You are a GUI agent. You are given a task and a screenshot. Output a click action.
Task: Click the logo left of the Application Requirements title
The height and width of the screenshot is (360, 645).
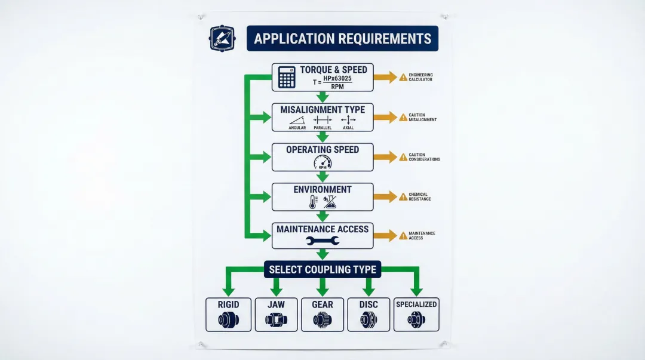point(222,38)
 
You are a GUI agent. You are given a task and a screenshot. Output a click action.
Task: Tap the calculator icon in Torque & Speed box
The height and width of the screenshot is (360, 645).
point(287,78)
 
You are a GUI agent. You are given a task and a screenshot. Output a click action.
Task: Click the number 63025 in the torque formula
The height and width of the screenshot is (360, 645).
point(341,78)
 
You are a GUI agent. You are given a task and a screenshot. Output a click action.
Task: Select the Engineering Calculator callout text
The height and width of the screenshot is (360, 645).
point(420,77)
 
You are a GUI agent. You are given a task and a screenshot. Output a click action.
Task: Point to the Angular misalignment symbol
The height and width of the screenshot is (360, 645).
point(297,120)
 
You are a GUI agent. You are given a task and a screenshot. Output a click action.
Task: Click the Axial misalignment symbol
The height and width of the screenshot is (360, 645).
point(348,120)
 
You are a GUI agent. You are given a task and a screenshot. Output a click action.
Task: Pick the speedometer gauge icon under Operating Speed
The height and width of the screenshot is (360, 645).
point(322,162)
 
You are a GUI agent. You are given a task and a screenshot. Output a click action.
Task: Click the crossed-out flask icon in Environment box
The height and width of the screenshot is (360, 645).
point(330,202)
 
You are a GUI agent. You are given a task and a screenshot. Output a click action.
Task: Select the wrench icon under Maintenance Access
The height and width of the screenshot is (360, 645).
point(322,241)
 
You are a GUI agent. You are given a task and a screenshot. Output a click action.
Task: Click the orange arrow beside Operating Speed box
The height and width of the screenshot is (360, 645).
point(385,157)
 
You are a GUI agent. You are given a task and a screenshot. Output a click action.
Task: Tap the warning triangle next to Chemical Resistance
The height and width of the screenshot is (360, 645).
point(403,196)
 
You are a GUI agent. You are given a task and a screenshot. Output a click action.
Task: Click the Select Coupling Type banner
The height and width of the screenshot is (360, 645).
point(322,269)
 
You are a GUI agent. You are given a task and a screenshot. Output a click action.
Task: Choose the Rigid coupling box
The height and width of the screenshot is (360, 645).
point(228,315)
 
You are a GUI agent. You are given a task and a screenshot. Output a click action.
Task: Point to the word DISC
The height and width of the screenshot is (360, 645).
point(368,304)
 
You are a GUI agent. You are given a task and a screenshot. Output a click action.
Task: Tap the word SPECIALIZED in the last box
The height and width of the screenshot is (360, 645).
point(416,304)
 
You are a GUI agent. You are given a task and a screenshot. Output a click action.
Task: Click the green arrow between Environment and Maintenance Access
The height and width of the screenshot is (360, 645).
point(322,217)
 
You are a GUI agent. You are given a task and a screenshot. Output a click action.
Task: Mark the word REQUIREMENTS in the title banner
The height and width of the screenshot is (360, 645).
point(385,39)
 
